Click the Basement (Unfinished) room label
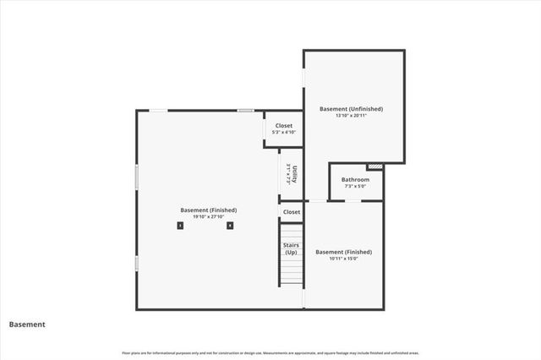click(351, 109)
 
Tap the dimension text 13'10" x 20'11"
click(351, 116)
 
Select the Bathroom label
click(355, 180)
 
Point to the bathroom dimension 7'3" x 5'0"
click(355, 186)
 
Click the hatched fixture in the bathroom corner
click(376, 166)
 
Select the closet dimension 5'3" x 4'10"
click(283, 132)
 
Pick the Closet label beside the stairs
click(292, 212)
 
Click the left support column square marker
click(179, 226)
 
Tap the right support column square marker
click(229, 226)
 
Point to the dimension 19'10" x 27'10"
click(208, 217)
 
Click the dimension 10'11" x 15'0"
click(343, 259)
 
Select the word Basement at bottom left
click(27, 325)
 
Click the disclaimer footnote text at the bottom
click(270, 352)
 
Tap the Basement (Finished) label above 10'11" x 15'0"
click(343, 252)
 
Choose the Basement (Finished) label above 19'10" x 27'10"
click(208, 210)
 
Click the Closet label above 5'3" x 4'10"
click(283, 125)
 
